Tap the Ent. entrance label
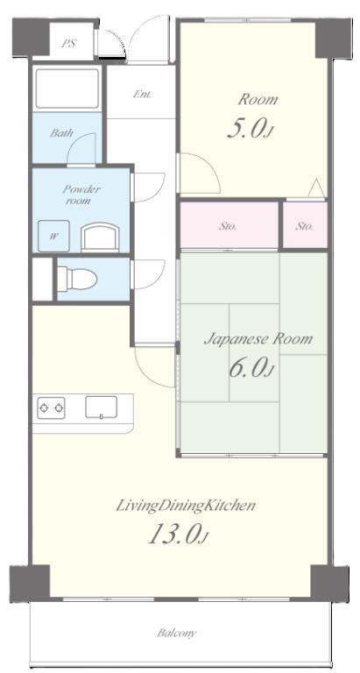tap(142, 94)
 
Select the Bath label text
tap(61, 132)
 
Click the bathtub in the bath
tap(67, 89)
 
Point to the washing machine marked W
tap(53, 236)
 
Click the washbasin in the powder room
tap(100, 237)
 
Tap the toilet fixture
tap(77, 279)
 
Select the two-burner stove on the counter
tap(51, 407)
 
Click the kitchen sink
tap(102, 407)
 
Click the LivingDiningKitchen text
tap(186, 506)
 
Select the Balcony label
tap(176, 633)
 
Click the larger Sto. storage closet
tap(229, 225)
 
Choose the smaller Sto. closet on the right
tap(305, 225)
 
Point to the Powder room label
tap(81, 195)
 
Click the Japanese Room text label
tap(258, 339)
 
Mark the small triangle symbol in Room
tap(317, 188)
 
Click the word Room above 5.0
tap(258, 100)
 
